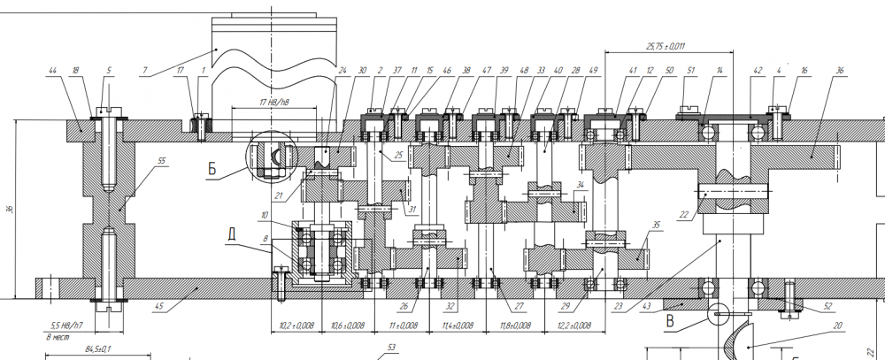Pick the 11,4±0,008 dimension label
457,326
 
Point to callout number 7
143,69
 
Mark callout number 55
160,160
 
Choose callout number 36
838,70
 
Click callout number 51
692,70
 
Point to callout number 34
580,185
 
